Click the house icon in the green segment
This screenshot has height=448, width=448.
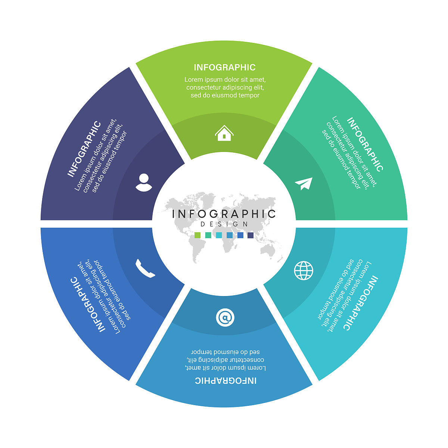click(x=224, y=133)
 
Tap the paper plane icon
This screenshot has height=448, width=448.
click(x=304, y=184)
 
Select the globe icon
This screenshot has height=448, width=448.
click(x=304, y=270)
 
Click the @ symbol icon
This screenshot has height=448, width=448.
click(x=225, y=318)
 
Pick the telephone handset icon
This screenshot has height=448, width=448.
click(x=145, y=268)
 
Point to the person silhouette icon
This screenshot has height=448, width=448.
click(x=144, y=183)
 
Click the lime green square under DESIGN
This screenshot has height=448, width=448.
click(x=197, y=235)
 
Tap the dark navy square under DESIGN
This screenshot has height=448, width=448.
click(x=251, y=235)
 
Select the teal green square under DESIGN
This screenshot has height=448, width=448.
click(x=208, y=235)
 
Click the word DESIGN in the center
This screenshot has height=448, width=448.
click(x=224, y=224)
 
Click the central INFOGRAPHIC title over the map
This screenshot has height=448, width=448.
click(x=224, y=214)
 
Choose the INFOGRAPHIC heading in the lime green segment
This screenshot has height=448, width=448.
click(x=224, y=68)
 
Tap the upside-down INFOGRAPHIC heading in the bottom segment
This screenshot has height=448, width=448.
click(x=225, y=380)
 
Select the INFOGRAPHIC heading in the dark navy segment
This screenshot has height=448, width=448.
click(x=84, y=149)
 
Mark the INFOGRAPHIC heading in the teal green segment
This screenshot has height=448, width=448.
click(x=365, y=144)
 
